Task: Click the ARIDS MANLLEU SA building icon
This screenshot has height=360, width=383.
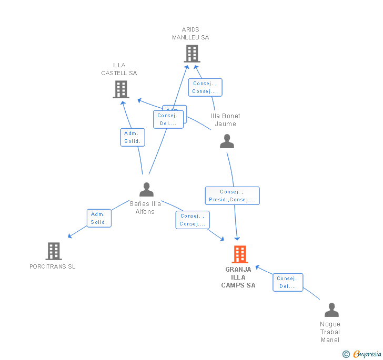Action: [x=192, y=54]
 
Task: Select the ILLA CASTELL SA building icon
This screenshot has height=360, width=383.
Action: [x=121, y=89]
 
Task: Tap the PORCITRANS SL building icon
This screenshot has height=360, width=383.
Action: [x=54, y=251]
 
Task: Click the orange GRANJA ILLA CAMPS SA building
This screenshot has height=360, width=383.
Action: [x=240, y=254]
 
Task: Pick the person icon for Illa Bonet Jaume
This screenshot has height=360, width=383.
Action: [x=227, y=141]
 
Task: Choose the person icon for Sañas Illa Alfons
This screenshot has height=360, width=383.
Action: [x=146, y=189]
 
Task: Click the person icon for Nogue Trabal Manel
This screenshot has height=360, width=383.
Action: [x=331, y=310]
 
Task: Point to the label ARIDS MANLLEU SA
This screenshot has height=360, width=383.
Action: [x=190, y=34]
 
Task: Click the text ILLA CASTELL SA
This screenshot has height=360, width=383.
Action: [x=119, y=69]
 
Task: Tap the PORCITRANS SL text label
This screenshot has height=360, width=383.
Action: [x=52, y=266]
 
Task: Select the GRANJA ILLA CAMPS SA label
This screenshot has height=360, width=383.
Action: [x=238, y=277]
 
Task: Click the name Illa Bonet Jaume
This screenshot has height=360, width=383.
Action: [x=226, y=120]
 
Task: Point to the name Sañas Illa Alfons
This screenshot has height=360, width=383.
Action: [x=145, y=208]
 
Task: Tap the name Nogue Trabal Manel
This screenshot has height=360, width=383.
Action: [x=330, y=332]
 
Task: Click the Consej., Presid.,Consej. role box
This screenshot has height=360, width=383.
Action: [x=232, y=196]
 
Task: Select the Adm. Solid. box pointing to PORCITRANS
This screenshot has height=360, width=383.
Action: [x=99, y=218]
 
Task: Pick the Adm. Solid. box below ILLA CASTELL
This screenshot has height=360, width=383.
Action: [x=133, y=137]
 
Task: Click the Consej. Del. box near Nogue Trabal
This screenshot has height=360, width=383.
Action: [x=288, y=282]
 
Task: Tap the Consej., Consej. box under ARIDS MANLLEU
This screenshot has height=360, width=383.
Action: [x=205, y=87]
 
